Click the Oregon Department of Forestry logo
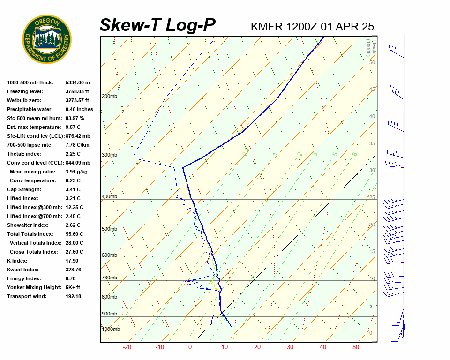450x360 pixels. [x=47, y=39]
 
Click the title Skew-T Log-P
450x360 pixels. [x=158, y=26]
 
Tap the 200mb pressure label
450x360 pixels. [x=109, y=97]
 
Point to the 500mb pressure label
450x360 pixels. [x=109, y=229]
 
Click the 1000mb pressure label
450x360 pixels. [x=111, y=330]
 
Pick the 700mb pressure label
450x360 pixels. [x=109, y=278]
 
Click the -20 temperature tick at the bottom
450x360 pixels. [x=127, y=347]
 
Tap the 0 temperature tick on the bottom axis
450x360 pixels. [x=190, y=347]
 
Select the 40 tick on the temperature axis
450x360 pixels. [x=323, y=347]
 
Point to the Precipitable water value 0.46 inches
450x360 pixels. [x=79, y=109]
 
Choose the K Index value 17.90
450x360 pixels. [x=72, y=261]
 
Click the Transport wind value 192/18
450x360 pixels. [x=74, y=296]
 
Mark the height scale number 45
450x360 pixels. [x=372, y=90]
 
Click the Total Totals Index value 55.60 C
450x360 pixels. [x=74, y=234]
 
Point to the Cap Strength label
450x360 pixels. [x=24, y=189]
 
